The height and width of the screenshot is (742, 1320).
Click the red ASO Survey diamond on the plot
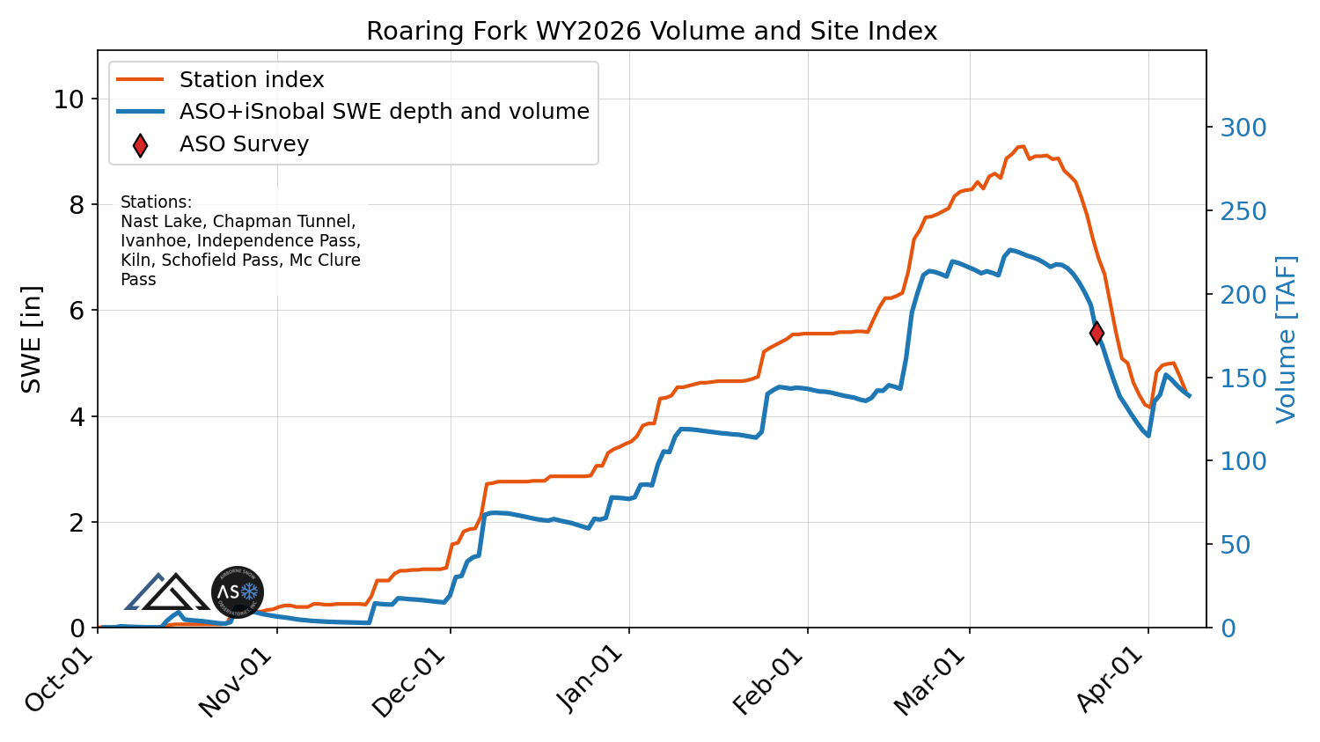coord(1096,333)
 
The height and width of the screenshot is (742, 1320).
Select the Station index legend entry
coord(252,80)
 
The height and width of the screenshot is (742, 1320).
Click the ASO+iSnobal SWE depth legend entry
coord(384,112)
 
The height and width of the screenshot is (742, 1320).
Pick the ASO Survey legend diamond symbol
coord(140,145)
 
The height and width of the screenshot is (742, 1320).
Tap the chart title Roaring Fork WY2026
coord(651,32)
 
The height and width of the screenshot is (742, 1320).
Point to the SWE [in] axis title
coord(32,339)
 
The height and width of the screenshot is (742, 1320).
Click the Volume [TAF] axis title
coord(1286,339)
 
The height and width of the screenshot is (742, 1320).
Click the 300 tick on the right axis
coord(1243,129)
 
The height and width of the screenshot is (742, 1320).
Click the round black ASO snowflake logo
coord(238,592)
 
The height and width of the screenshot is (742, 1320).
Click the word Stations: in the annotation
coord(156,202)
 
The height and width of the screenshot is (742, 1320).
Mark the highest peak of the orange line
coord(1021,146)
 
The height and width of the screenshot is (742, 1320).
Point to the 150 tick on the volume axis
coord(1243,378)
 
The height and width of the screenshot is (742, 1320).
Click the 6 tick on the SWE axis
coord(77,311)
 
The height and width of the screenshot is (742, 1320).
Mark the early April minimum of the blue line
coord(1148,435)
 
